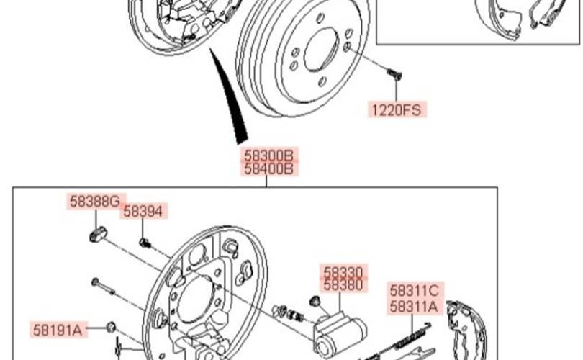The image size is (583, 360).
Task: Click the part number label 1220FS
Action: click(397, 110)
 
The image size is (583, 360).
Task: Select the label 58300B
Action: click(268, 156)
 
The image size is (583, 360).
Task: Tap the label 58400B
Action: click(268, 170)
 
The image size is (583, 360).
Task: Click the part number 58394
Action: click(145, 211)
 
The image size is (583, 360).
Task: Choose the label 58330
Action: click(344, 271)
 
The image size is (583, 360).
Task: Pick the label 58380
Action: click(344, 285)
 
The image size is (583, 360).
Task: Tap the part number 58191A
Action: click(60, 330)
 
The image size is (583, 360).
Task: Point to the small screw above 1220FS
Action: click(393, 73)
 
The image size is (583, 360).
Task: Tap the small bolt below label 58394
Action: click(145, 243)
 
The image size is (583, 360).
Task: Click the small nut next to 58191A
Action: click(111, 328)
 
